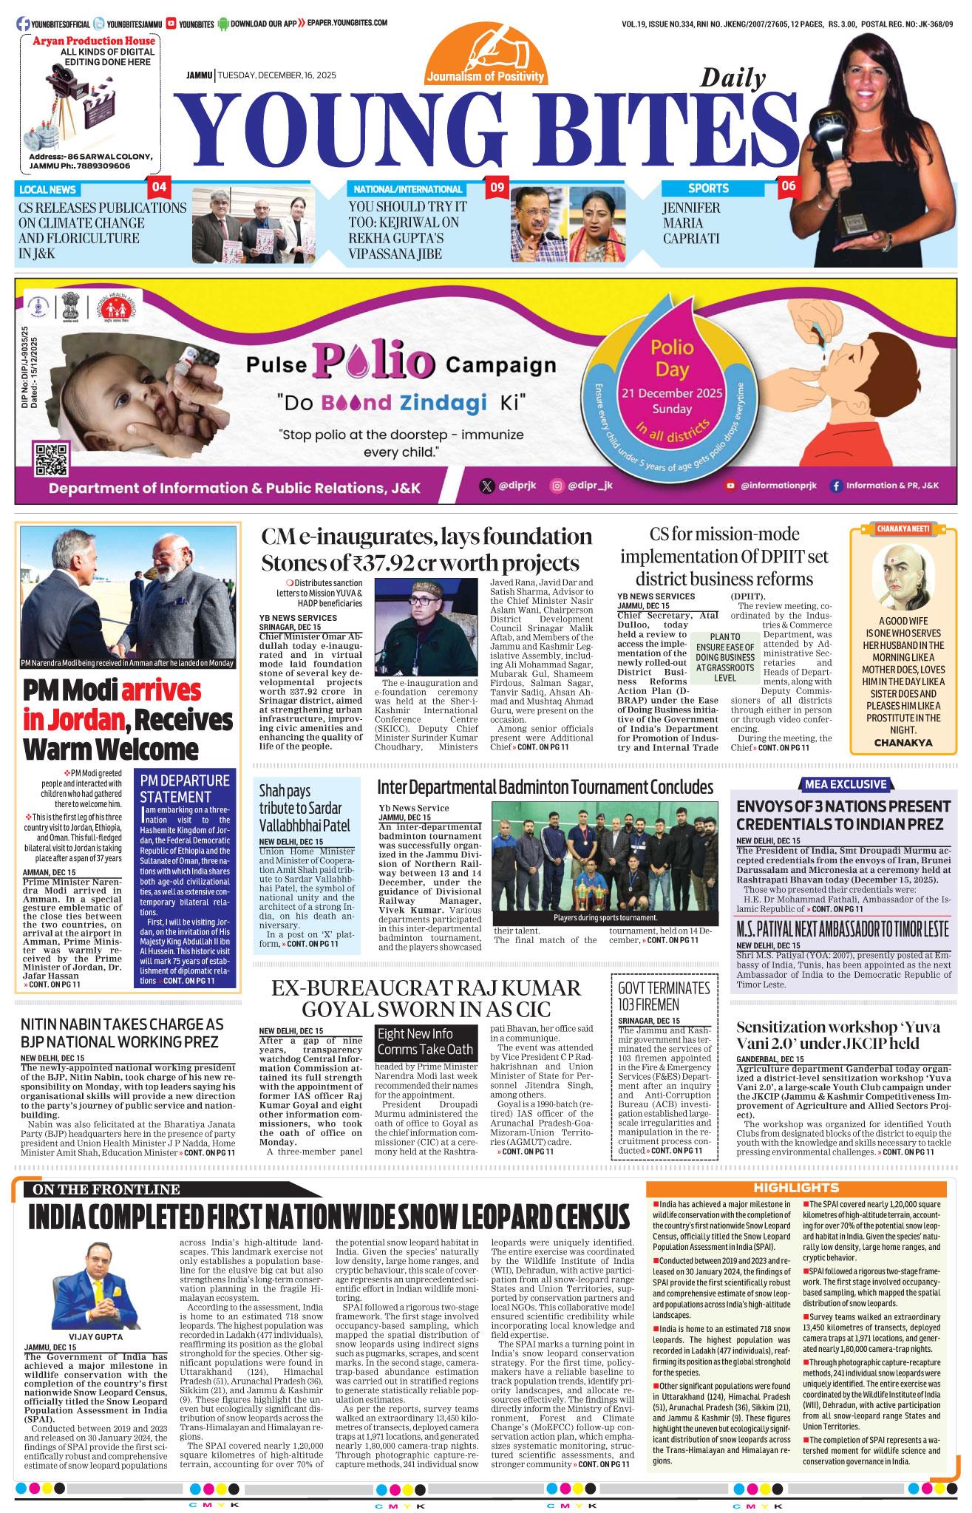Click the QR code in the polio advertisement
pos(51,458)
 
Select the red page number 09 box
pos(495,187)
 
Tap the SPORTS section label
pos(708,188)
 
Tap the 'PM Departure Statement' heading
pos(185,788)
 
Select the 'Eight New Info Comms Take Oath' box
pos(425,1041)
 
